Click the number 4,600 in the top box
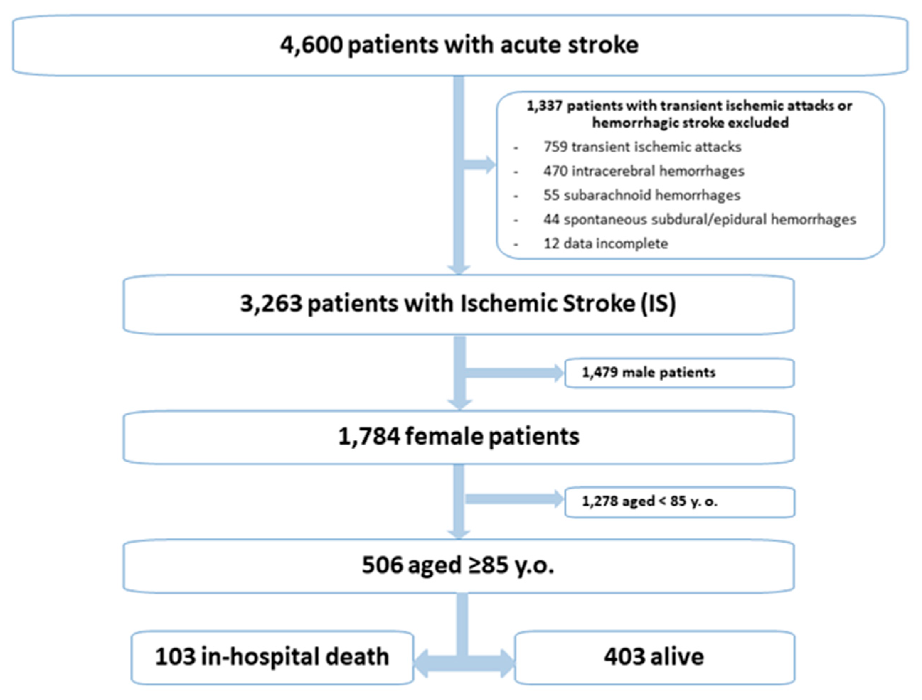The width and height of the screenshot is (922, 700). point(311,45)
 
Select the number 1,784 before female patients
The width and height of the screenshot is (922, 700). point(369,437)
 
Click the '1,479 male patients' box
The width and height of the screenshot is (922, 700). point(679,373)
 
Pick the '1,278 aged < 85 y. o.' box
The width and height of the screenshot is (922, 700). point(679,502)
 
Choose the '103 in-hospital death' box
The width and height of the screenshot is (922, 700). point(272,657)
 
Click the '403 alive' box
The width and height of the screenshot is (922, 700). point(654,657)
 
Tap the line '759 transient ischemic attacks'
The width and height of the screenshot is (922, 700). point(642,147)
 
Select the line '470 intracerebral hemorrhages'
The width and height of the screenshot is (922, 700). point(644,171)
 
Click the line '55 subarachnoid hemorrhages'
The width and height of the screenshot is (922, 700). point(642,195)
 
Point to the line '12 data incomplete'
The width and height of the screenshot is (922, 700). point(606,244)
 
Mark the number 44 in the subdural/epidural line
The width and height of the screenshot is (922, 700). point(551,220)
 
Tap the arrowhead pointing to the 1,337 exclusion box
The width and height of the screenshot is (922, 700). point(488,165)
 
